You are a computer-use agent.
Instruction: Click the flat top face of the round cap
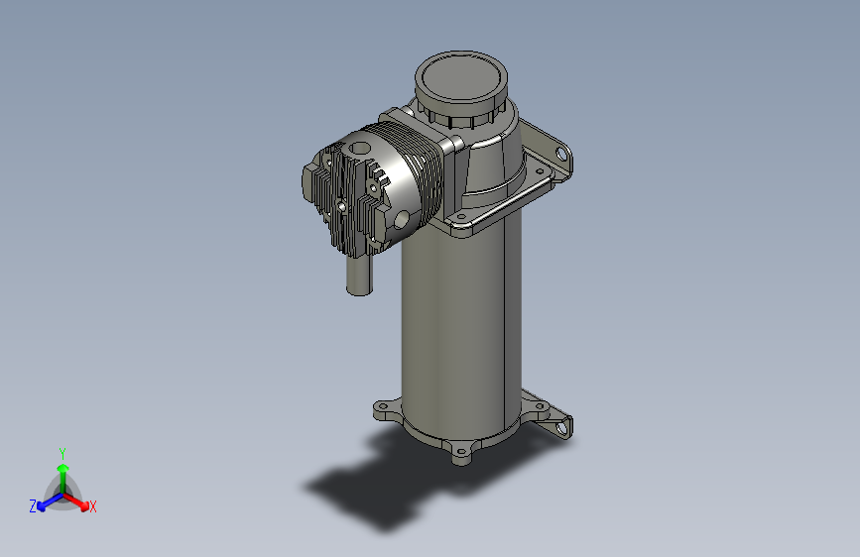coord(460,76)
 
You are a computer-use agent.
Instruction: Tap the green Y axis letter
coord(62,453)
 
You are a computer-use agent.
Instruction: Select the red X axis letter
coord(92,506)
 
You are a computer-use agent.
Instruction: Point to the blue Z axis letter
coord(33,506)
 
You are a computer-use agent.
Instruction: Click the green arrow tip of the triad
coord(63,468)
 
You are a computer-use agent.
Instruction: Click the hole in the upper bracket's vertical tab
coord(561,154)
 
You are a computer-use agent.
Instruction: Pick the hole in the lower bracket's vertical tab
coord(561,427)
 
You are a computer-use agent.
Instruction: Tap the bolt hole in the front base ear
coord(461,452)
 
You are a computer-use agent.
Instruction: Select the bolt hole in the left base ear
coord(384,406)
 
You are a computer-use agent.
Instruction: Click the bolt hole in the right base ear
coord(540,406)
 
